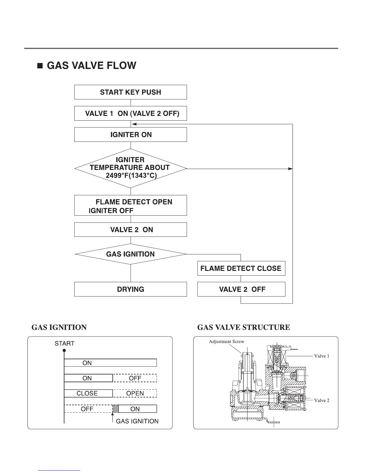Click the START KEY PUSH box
point(130,92)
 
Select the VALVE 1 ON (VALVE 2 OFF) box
point(130,113)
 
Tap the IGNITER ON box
point(130,135)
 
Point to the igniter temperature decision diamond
point(130,168)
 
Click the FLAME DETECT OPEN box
point(130,205)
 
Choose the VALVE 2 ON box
point(130,230)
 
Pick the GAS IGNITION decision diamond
point(130,254)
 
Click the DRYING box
point(130,289)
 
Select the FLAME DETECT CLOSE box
point(241,268)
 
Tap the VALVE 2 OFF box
point(241,289)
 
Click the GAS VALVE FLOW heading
point(91,66)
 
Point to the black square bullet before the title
point(40,66)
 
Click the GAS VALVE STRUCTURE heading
point(244,328)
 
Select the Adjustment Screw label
point(226,342)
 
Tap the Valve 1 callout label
point(321,356)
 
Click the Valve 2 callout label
point(321,400)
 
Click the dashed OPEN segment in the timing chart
point(135,393)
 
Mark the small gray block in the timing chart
point(116,408)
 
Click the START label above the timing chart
point(64,343)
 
